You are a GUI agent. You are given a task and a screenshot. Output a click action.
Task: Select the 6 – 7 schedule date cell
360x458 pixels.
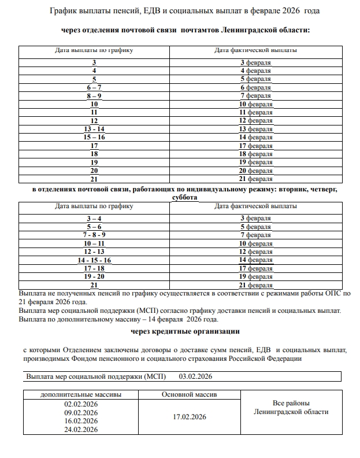click(94, 87)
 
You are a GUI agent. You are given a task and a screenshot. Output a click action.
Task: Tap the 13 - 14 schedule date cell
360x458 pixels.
click(94, 129)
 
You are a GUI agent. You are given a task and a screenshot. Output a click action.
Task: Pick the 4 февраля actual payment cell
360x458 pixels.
click(255, 71)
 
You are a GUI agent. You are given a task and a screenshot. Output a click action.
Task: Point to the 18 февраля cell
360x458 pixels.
click(255, 154)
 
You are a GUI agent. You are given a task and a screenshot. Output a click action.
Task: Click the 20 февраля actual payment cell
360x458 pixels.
click(255, 171)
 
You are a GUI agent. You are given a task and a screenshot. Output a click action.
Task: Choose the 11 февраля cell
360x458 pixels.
click(255, 112)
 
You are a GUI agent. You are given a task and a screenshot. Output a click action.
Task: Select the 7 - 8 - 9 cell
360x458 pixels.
click(94, 235)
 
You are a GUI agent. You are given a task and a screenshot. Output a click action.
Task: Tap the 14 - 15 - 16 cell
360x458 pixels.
click(94, 260)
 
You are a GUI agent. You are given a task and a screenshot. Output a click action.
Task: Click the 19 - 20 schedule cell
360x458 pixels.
click(94, 277)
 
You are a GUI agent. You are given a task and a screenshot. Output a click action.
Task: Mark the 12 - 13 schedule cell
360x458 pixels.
click(94, 252)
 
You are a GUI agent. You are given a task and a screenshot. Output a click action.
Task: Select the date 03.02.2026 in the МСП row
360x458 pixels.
click(196, 376)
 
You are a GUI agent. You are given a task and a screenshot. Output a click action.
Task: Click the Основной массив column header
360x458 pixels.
click(188, 395)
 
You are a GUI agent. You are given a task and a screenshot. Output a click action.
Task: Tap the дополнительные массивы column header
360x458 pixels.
click(81, 395)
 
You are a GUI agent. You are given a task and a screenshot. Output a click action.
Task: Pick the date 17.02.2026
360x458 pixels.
click(188, 416)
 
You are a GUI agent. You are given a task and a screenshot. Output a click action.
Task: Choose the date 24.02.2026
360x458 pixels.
click(81, 430)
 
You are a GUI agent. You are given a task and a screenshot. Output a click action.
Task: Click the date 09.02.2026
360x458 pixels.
click(81, 413)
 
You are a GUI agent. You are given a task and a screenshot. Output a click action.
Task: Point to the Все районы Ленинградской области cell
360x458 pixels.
click(291, 407)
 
